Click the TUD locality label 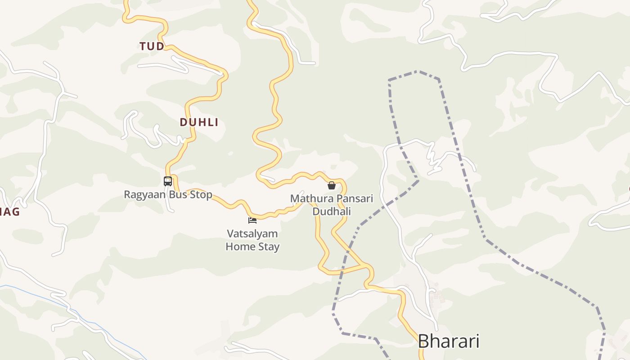coord(152,46)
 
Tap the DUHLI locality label coord(199,122)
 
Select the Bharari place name coord(448,341)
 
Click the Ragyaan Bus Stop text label coord(168,195)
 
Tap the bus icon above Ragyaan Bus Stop coord(168,181)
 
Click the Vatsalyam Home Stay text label coord(252,240)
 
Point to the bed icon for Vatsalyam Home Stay coord(252,220)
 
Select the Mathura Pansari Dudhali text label coord(332,205)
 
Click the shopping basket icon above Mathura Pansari coord(332,185)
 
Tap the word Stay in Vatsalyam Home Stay coord(269,247)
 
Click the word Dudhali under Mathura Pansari coord(332,211)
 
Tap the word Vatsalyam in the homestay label coord(252,234)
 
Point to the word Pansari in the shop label coord(354,198)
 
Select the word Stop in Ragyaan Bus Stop coord(201,195)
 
